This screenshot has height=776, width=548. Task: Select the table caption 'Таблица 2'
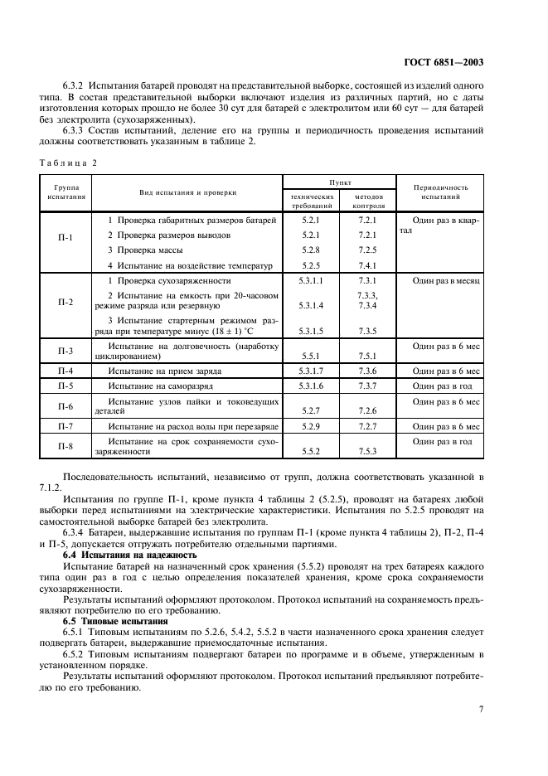tap(67, 162)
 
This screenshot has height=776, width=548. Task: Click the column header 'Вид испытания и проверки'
tap(187, 192)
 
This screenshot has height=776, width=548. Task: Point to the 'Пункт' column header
tap(339, 181)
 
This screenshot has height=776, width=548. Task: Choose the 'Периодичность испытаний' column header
tap(446, 192)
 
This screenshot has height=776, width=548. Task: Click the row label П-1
tap(66, 238)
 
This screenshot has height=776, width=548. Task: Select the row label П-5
tap(66, 386)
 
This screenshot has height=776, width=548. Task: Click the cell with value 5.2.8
tap(310, 250)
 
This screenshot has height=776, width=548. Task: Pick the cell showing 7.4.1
tap(366, 265)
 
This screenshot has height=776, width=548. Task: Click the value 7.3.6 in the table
tap(366, 371)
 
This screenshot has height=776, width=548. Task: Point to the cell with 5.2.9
tap(310, 426)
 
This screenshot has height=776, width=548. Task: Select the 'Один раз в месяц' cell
tap(446, 281)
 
